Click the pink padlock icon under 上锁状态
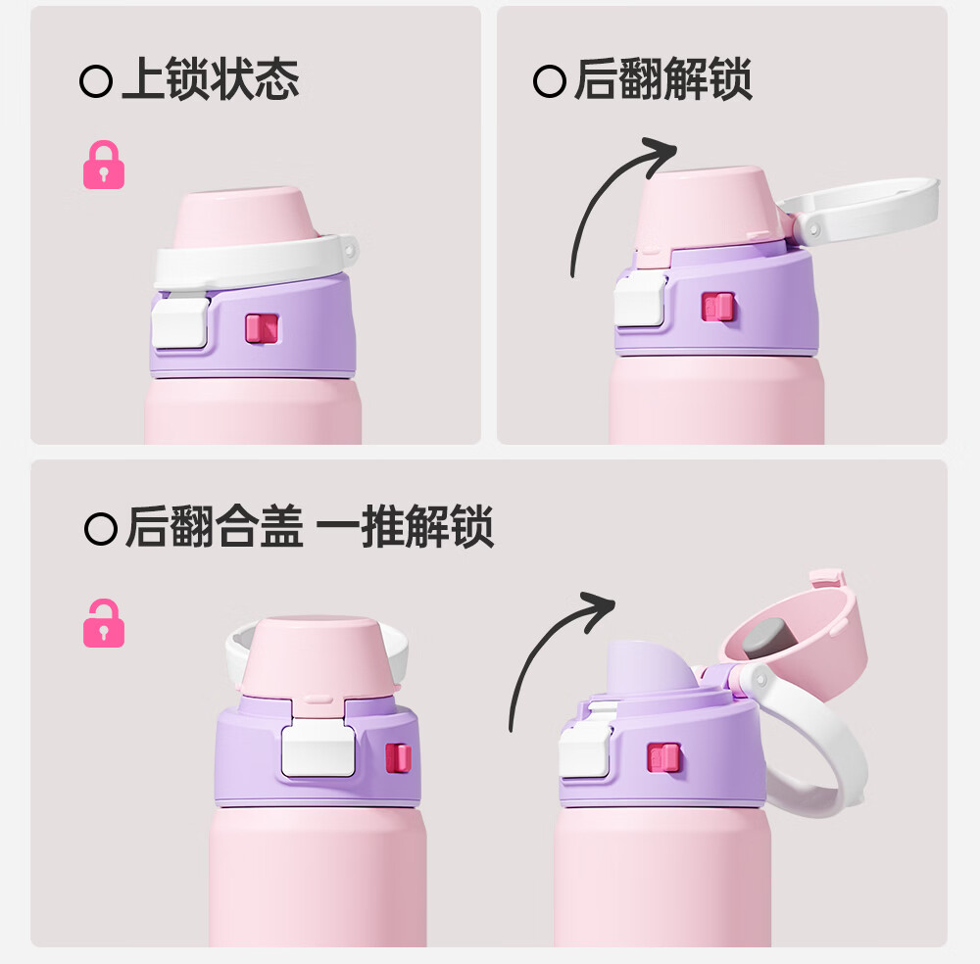(104, 165)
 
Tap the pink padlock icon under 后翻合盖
(104, 623)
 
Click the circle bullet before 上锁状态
(96, 80)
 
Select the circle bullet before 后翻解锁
(550, 80)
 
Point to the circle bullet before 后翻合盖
(101, 529)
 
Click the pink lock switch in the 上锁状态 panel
(262, 328)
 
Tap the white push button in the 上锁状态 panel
(180, 321)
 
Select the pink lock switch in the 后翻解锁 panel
(718, 307)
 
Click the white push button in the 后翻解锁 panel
(640, 301)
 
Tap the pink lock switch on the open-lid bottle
(663, 758)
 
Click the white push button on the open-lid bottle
(585, 749)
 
